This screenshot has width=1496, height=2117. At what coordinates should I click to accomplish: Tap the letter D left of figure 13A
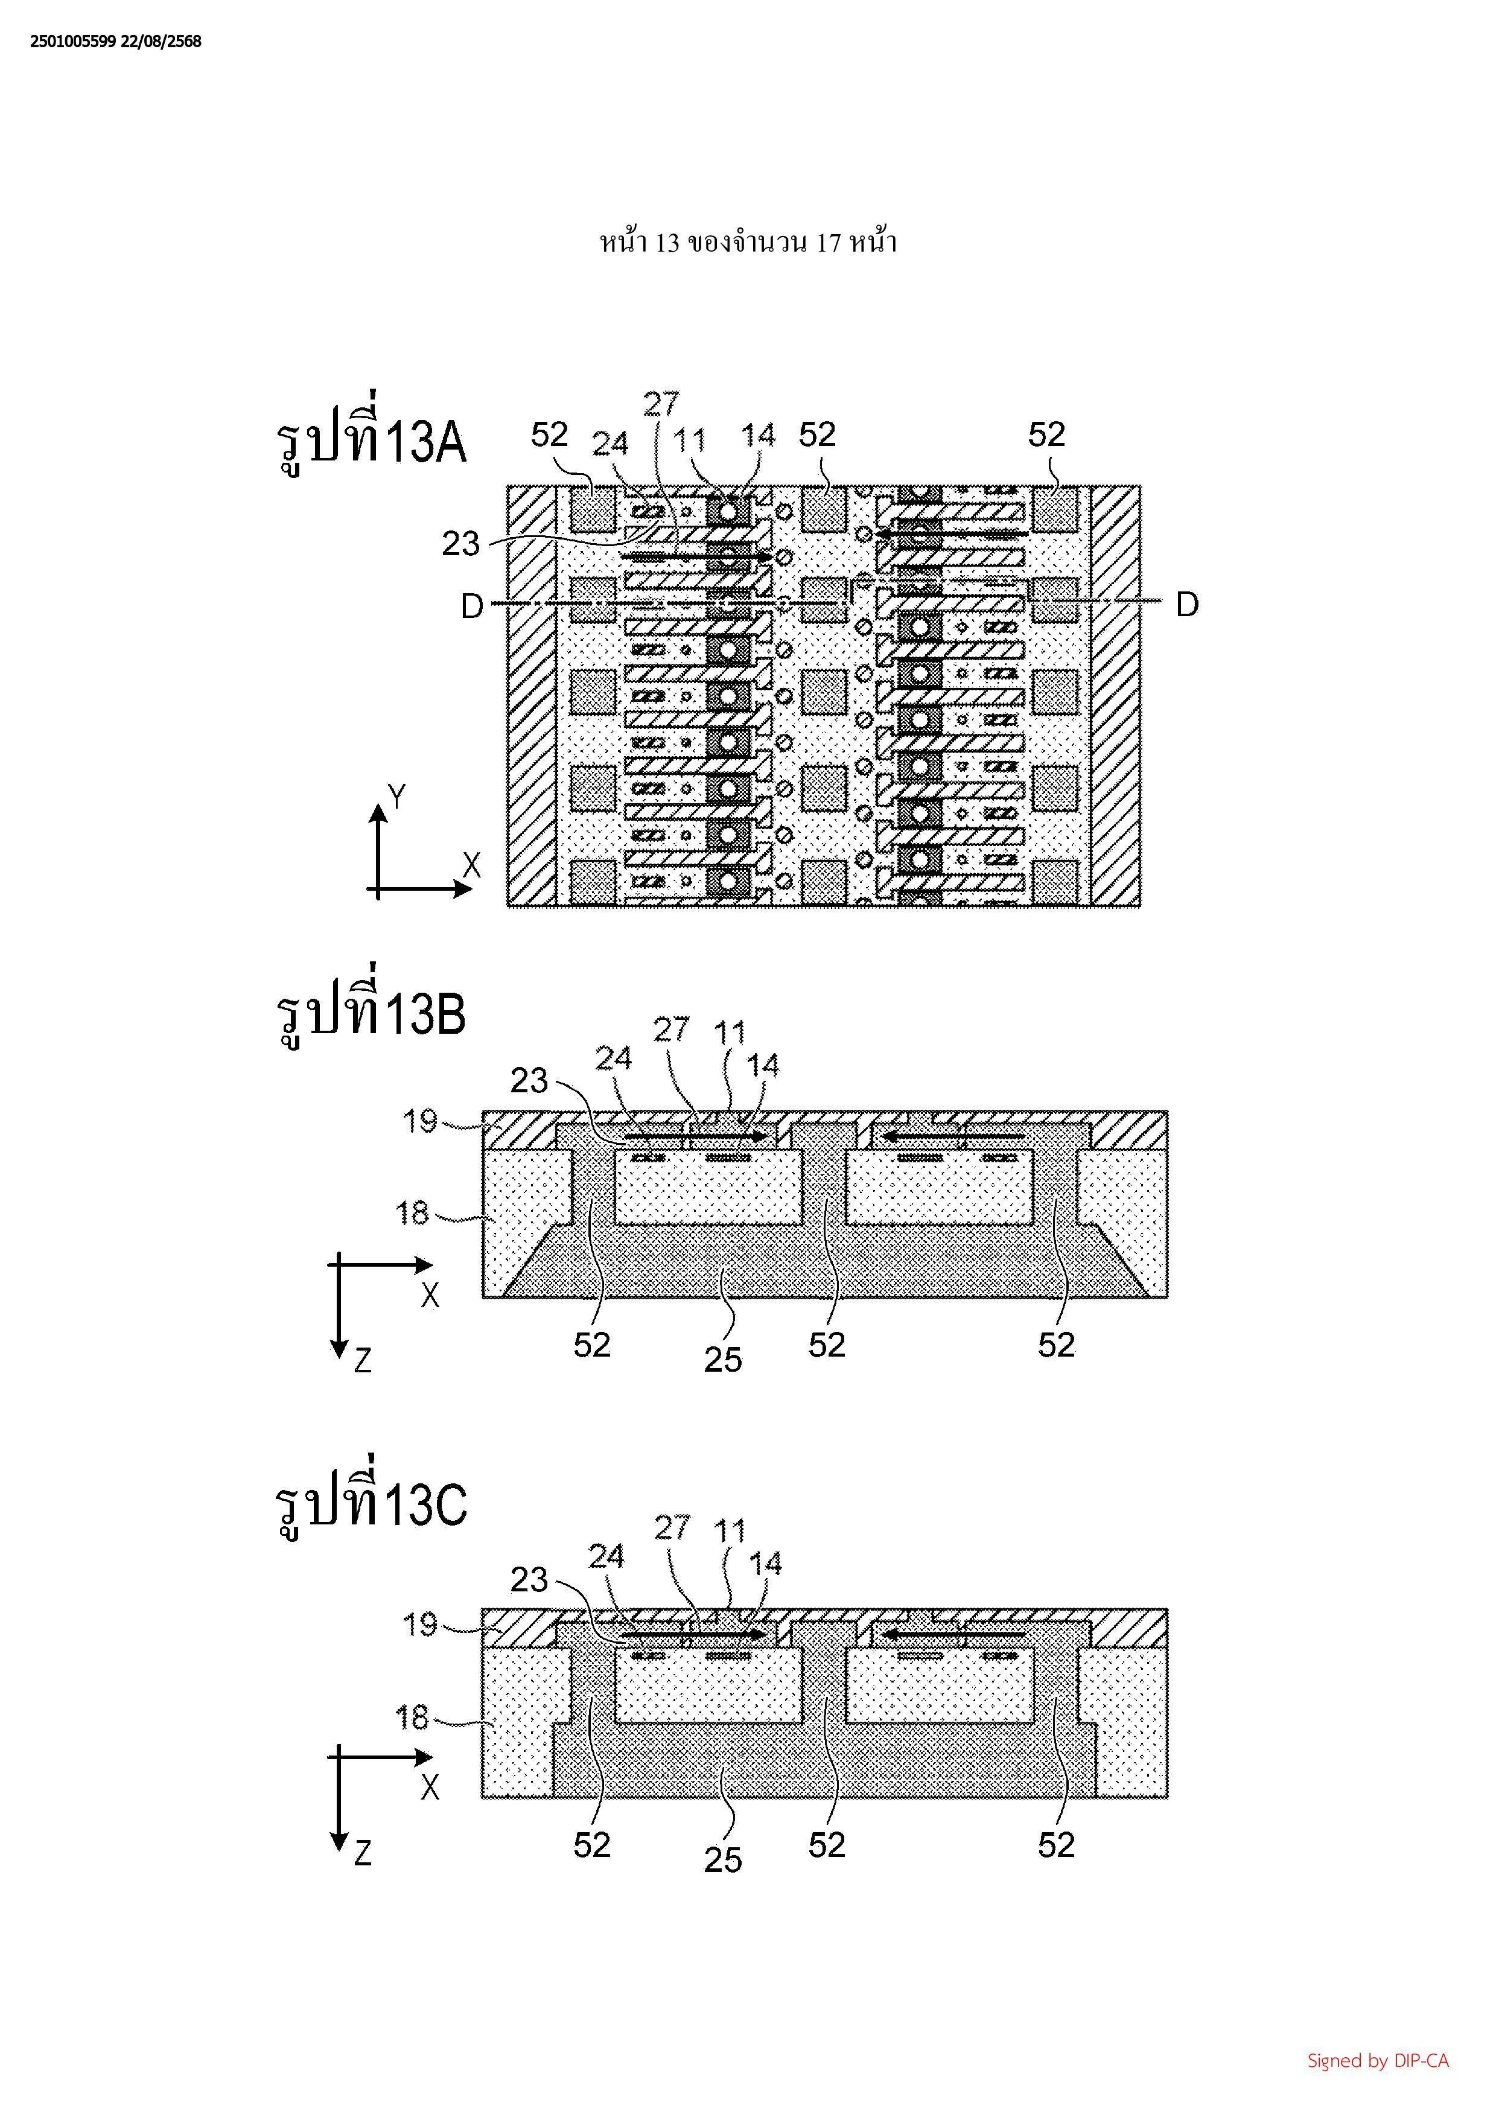pyautogui.click(x=472, y=606)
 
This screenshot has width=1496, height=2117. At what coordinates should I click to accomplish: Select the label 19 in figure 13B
pyautogui.click(x=419, y=1121)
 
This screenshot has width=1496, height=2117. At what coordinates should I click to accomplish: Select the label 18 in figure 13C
pyautogui.click(x=412, y=1717)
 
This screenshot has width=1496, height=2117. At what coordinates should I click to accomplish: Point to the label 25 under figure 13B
pyautogui.click(x=722, y=1359)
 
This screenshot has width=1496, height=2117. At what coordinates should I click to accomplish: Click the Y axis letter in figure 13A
pyautogui.click(x=396, y=796)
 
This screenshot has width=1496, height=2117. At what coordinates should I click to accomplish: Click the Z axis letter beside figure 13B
pyautogui.click(x=362, y=1360)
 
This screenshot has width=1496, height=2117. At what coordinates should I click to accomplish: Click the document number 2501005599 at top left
pyautogui.click(x=73, y=42)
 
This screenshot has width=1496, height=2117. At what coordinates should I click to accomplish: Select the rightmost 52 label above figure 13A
pyautogui.click(x=1046, y=435)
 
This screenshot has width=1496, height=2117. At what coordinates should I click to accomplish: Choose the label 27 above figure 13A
pyautogui.click(x=661, y=404)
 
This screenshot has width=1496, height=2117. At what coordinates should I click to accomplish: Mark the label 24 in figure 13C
pyautogui.click(x=606, y=1556)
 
